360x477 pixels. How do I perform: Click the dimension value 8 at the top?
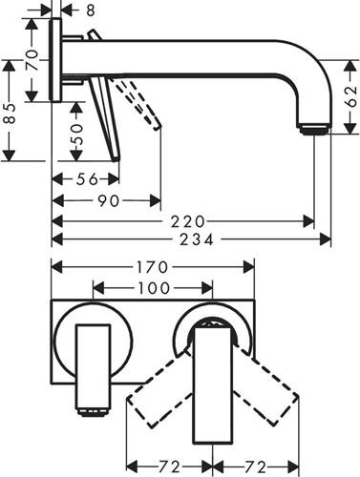pyautogui.click(x=91, y=10)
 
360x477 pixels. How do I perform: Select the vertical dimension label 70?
pyautogui.click(x=32, y=60)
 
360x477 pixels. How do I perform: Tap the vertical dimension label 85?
pyautogui.click(x=10, y=114)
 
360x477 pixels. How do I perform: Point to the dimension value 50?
pyautogui.click(x=76, y=135)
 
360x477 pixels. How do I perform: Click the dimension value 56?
pyautogui.click(x=87, y=179)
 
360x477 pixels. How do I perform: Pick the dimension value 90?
pyautogui.click(x=109, y=201)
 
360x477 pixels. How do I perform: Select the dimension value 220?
pyautogui.click(x=187, y=221)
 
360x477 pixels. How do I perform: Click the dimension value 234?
pyautogui.click(x=197, y=239)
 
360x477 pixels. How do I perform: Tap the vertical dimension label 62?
pyautogui.click(x=350, y=97)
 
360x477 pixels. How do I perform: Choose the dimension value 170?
pyautogui.click(x=152, y=267)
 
